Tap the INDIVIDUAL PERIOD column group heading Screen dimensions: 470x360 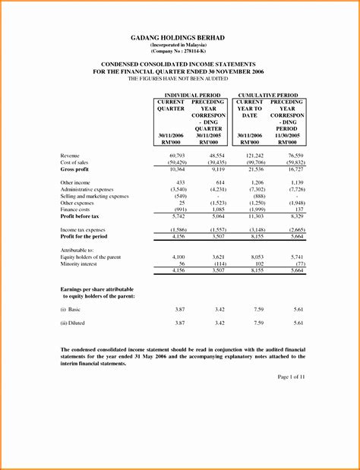pos(187,95)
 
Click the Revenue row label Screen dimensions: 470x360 pos(71,155)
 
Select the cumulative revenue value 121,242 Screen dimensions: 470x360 pos(254,155)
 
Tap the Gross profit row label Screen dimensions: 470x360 pos(76,169)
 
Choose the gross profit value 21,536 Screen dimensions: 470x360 pos(255,169)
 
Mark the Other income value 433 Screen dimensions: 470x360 pos(180,183)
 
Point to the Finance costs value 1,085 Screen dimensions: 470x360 pos(216,210)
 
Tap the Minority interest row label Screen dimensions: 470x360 pos(82,263)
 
